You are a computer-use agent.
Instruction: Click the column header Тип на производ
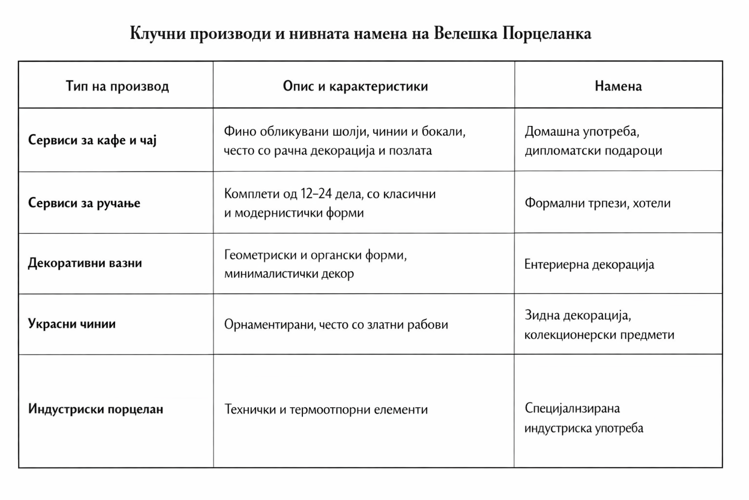click(117, 86)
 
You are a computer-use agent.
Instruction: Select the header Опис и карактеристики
click(355, 86)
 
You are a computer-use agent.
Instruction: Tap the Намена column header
click(618, 86)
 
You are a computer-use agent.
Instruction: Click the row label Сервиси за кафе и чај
click(92, 140)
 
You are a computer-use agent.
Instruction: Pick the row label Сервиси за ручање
click(84, 203)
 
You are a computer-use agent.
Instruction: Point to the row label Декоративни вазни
click(85, 263)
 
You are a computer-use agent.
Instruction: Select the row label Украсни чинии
click(72, 324)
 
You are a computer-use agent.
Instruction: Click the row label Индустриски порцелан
click(96, 409)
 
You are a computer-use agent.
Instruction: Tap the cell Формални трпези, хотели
click(597, 203)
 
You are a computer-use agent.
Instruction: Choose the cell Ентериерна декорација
click(589, 265)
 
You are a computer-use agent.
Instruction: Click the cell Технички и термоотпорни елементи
click(326, 409)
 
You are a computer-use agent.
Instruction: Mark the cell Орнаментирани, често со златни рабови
click(336, 325)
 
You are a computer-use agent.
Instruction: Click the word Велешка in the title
click(465, 34)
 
